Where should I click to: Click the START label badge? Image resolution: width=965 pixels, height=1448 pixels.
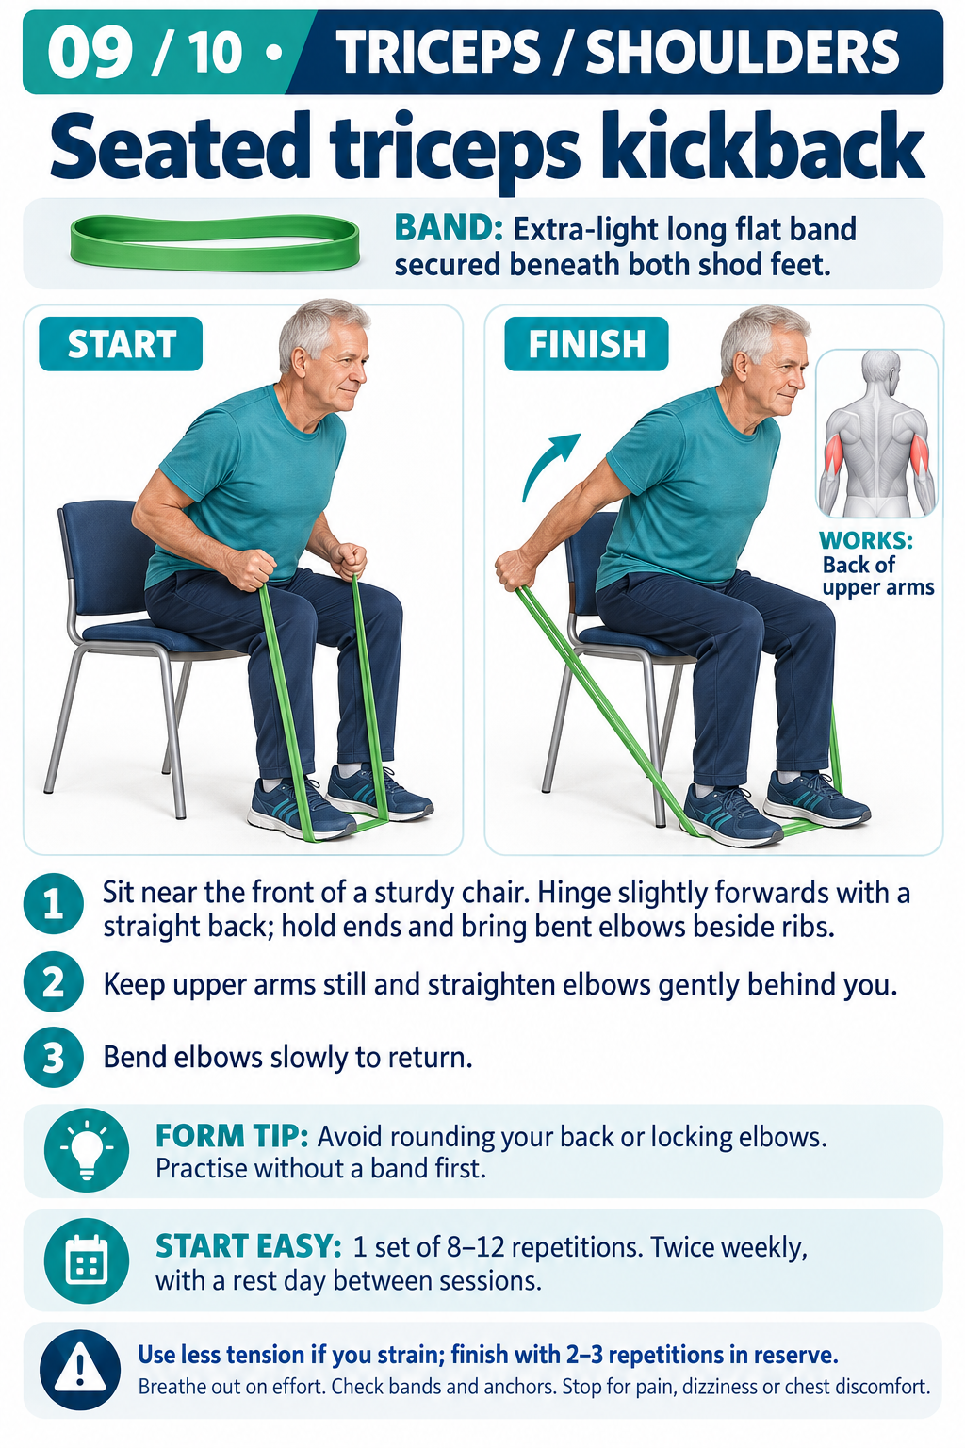click(121, 343)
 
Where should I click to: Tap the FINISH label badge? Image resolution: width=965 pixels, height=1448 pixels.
click(586, 343)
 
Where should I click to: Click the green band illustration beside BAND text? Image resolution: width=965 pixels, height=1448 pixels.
click(215, 243)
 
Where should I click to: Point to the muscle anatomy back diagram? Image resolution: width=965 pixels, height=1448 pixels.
click(876, 434)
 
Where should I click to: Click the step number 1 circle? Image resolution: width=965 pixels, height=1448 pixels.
click(54, 904)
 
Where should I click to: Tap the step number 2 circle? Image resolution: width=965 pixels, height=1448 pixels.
click(54, 982)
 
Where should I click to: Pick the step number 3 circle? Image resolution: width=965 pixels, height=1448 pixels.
click(54, 1058)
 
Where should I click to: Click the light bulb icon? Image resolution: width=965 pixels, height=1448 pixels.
click(87, 1150)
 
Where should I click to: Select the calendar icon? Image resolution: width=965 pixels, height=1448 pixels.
click(87, 1259)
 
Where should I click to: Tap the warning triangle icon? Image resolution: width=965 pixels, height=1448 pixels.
click(80, 1370)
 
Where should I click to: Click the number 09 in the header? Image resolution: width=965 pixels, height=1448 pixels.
click(90, 53)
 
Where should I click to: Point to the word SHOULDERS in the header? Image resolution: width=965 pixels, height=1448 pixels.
click(743, 53)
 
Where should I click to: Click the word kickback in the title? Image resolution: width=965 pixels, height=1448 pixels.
click(761, 147)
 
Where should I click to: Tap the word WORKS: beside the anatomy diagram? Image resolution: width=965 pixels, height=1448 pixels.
click(866, 540)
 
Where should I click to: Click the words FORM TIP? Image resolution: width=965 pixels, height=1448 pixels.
click(232, 1136)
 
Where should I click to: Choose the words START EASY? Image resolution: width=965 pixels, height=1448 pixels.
click(248, 1245)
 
